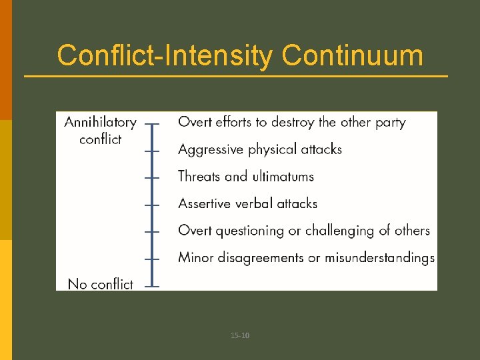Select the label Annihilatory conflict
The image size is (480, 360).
(x=100, y=131)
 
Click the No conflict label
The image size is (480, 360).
(x=100, y=284)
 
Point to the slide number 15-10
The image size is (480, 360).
(x=240, y=335)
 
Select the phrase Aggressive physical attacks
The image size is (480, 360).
(x=260, y=149)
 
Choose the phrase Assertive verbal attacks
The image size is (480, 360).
(x=247, y=203)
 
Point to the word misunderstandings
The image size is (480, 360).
(x=379, y=257)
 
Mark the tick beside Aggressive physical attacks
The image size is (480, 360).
(x=153, y=151)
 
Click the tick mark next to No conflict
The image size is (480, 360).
(x=153, y=287)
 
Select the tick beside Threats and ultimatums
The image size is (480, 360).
(x=153, y=178)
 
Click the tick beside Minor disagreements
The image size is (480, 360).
(x=153, y=259)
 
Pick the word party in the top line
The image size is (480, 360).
(x=390, y=122)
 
